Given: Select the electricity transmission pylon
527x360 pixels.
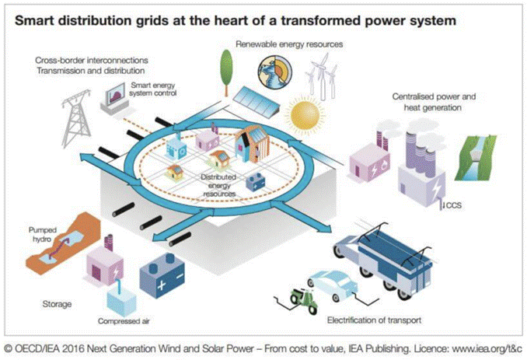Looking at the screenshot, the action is tap(75, 118).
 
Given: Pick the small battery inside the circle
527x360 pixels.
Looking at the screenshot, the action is tap(256, 182).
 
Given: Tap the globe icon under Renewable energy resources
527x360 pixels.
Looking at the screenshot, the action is tap(275, 72).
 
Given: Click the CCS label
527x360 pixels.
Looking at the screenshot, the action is tap(453, 205).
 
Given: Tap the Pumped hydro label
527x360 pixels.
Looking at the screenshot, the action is tap(42, 235).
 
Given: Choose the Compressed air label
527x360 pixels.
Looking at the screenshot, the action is tap(124, 321).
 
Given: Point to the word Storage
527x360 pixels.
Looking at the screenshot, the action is tap(58, 304).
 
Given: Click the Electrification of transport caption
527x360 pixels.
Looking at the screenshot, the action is tap(374, 320).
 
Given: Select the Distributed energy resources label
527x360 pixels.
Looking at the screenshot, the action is tap(218, 185).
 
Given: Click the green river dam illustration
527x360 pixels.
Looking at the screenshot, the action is tap(475, 157).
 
